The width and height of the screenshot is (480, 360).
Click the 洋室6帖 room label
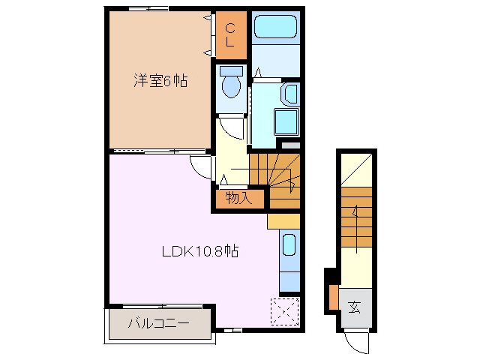tap(160, 81)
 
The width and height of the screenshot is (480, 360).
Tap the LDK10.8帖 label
tap(200, 252)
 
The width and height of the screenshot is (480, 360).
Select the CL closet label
tap(230, 35)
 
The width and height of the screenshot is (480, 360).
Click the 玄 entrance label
tap(354, 307)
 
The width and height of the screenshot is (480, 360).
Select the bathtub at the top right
tap(276, 29)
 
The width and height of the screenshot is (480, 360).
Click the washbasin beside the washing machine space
tap(289, 94)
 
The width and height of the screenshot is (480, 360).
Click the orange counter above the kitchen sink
tap(283, 220)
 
